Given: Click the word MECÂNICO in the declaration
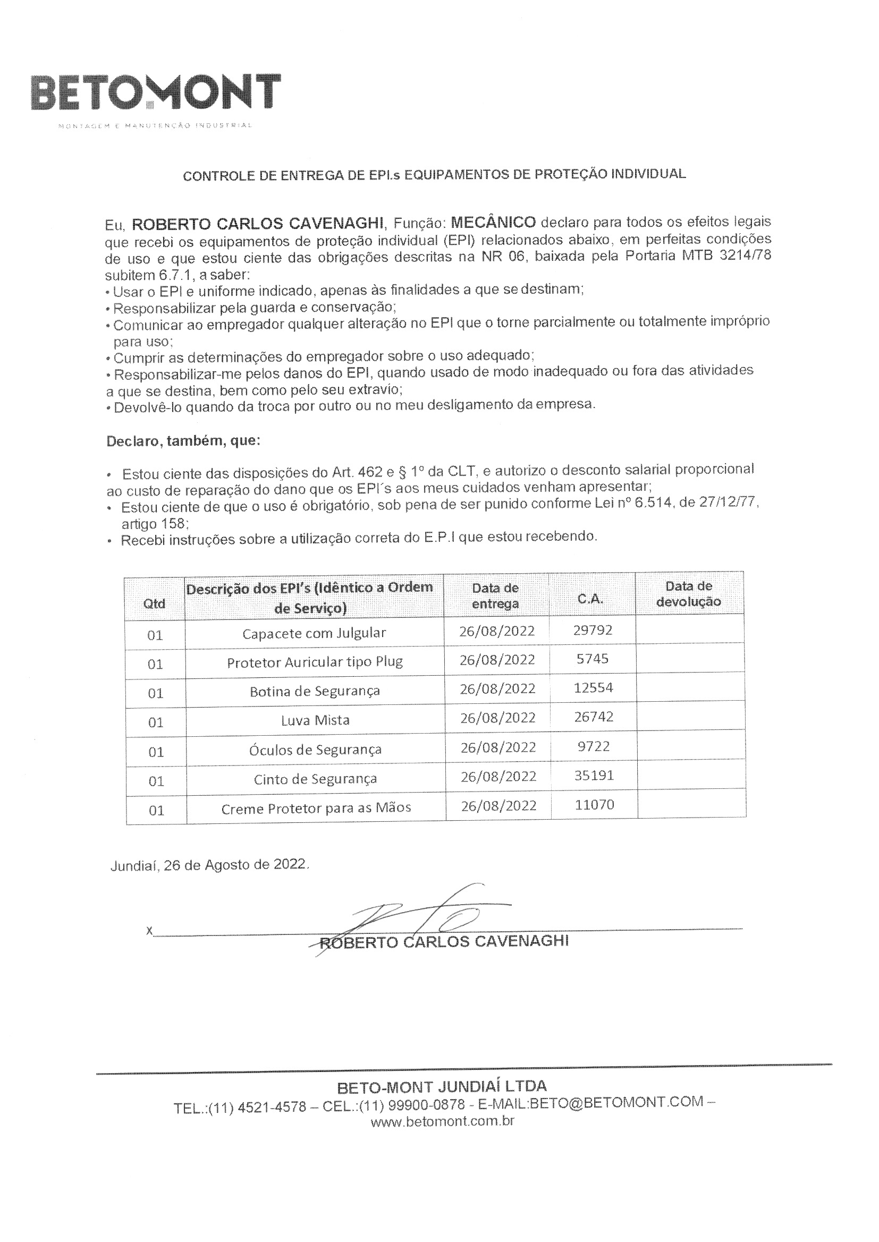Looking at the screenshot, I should (x=493, y=222).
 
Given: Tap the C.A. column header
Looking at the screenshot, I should (x=590, y=599).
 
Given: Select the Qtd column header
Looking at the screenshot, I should (x=154, y=603).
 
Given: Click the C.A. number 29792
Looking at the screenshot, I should (x=593, y=630).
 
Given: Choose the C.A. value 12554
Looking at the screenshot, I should (x=593, y=688).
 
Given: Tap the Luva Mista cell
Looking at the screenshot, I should (x=315, y=720).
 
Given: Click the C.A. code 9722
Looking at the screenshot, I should (x=594, y=746).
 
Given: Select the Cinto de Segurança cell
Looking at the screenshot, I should (x=315, y=779).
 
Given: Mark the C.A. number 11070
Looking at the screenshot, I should (x=594, y=805).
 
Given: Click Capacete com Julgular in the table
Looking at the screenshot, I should (x=314, y=633).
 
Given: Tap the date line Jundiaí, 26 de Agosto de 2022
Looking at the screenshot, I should (x=210, y=865).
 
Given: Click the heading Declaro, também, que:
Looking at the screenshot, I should (x=183, y=441).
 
